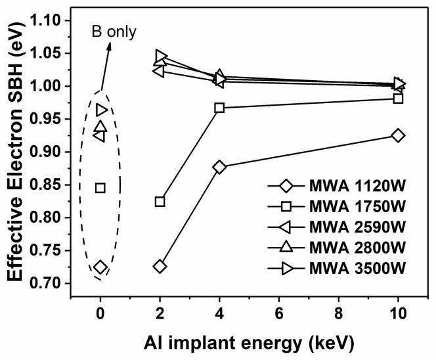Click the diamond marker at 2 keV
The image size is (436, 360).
[160, 266]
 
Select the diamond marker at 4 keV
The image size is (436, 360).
[219, 167]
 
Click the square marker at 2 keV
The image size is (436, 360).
[160, 202]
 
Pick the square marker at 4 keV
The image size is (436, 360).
[219, 108]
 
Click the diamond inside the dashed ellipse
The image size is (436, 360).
[100, 267]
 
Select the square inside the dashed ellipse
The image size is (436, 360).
[100, 188]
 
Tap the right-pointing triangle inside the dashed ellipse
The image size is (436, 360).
[102, 110]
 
